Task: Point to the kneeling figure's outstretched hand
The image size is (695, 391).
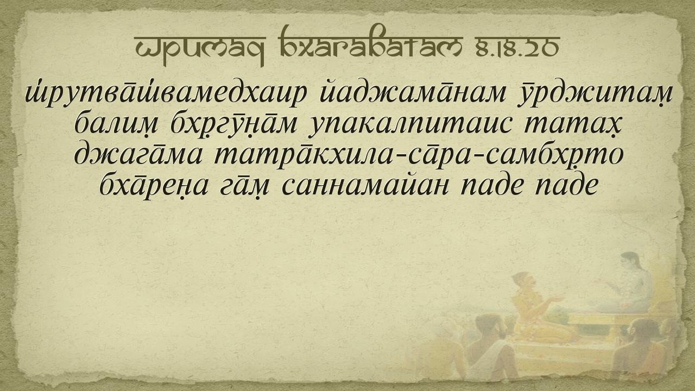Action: point(558,299)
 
